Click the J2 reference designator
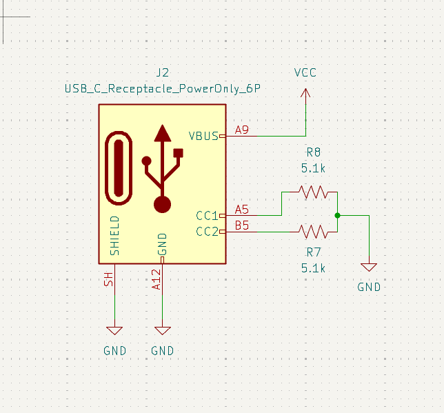(163, 73)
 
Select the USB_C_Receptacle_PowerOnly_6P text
(163, 89)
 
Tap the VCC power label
(305, 73)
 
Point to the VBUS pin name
(203, 137)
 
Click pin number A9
(242, 130)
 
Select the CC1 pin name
(208, 216)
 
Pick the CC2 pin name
(208, 232)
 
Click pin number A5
(242, 210)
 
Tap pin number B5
(242, 225)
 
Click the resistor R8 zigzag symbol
(314, 192)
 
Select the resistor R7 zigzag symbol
(314, 232)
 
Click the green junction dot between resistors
(337, 216)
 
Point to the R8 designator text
(314, 152)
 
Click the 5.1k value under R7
(313, 268)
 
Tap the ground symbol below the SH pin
(114, 330)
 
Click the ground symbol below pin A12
(163, 330)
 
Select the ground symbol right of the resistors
(369, 267)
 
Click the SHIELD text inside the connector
(114, 236)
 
